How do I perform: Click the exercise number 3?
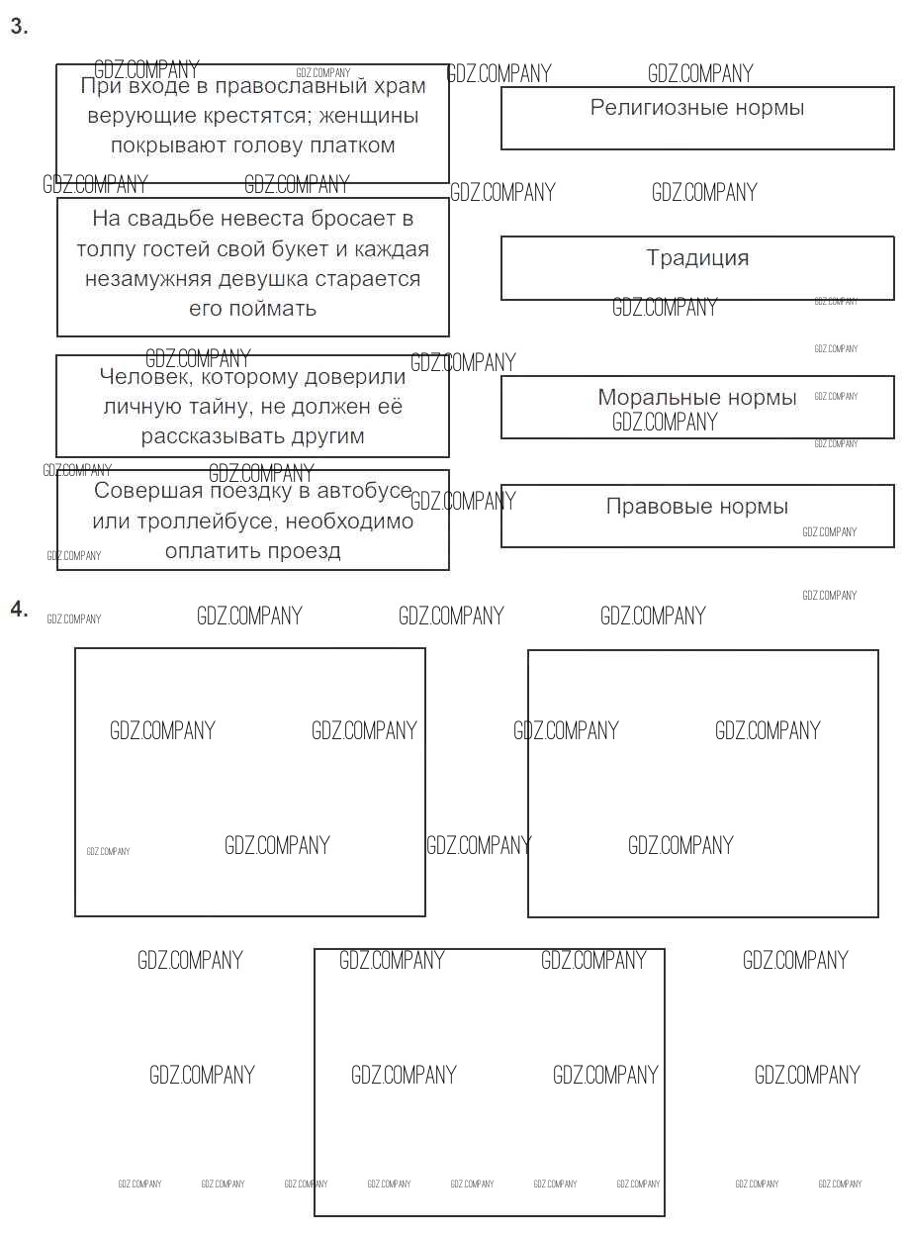[19, 27]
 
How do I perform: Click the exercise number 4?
[19, 609]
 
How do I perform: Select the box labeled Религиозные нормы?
[697, 118]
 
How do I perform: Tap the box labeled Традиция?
[697, 267]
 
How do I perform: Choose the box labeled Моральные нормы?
[697, 406]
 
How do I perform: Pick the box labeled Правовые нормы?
[697, 515]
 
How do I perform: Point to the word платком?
[352, 145]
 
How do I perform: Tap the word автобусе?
[353, 491]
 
